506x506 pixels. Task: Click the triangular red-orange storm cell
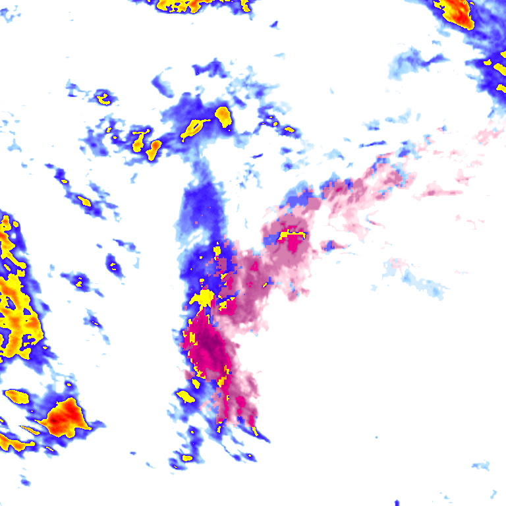click(66, 415)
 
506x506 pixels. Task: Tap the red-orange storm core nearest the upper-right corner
click(460, 12)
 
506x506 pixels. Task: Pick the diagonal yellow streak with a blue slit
click(194, 128)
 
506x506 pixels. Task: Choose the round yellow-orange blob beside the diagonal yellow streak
click(223, 117)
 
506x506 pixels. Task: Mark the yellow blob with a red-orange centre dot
click(154, 149)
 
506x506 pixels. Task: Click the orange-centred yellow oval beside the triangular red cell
click(17, 397)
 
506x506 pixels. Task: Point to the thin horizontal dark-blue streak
click(373, 144)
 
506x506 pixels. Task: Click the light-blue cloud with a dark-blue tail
click(415, 63)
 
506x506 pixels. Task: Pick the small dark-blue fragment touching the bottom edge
click(397, 503)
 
